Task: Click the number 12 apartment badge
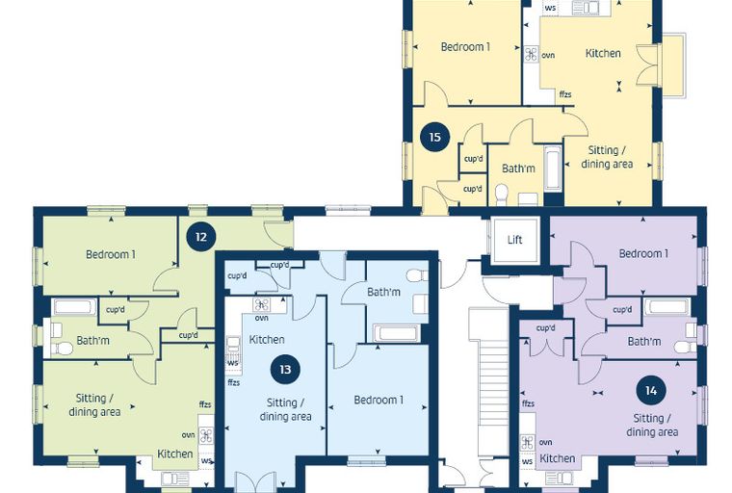coord(200,237)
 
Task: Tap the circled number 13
coord(285,370)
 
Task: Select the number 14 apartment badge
coord(651,390)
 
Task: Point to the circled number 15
coord(434,138)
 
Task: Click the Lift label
coord(514,240)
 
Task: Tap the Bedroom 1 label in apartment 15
coord(465,46)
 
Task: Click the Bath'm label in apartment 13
coord(383,293)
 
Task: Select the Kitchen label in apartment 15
coord(603,53)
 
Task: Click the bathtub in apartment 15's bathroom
coord(553,169)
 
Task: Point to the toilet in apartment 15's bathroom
coord(502,195)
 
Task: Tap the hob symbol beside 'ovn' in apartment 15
coord(532,54)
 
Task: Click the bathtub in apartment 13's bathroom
coord(396,333)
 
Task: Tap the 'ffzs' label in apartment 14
coord(529,403)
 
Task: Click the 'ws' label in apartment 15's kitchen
coord(551,8)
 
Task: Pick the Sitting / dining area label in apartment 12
coord(94,404)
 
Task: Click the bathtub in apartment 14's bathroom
coord(667,307)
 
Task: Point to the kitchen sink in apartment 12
coord(175,479)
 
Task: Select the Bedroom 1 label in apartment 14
coord(643,253)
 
